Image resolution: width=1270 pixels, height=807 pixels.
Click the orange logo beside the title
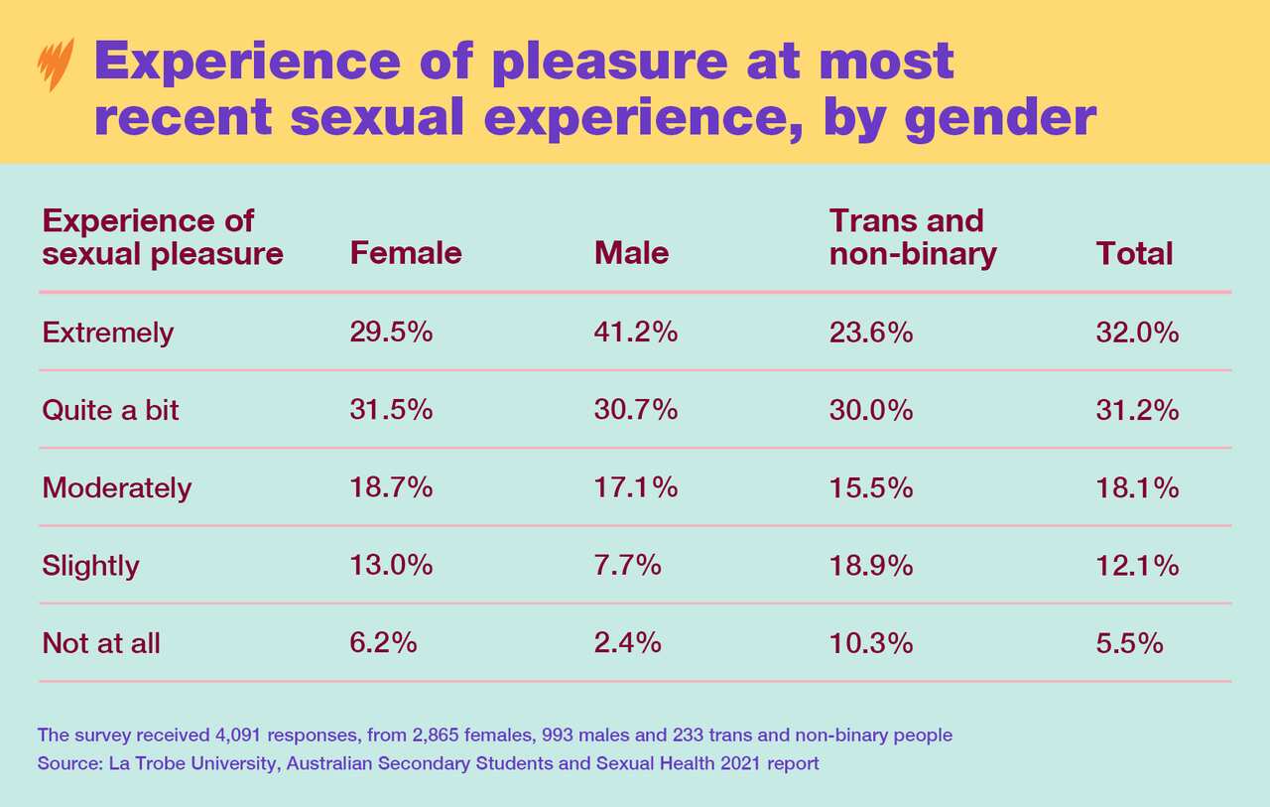51,66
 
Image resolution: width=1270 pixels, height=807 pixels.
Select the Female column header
406,253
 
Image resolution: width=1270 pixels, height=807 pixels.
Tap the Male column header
631,253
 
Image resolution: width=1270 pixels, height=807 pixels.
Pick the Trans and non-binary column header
912,237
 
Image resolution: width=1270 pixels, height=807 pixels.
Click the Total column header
1134,253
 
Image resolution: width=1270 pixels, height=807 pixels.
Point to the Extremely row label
107,332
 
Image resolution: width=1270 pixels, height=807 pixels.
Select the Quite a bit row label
110,409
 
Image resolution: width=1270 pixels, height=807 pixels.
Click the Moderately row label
116,487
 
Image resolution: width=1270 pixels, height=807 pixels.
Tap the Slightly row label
90,565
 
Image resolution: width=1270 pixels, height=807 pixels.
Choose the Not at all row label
101,642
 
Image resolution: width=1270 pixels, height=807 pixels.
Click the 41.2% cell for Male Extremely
635,332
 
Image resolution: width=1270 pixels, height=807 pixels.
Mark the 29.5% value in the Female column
391,332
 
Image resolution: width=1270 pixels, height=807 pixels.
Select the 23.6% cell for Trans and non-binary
870,332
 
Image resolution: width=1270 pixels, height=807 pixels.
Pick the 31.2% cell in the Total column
1137,409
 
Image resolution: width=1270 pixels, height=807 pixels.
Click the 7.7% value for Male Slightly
627,565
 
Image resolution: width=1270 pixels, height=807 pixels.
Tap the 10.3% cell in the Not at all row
870,642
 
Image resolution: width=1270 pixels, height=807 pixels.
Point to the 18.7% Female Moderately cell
391,487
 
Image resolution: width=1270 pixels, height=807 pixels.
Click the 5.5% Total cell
1129,642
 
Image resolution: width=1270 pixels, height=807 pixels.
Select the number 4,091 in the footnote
239,736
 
